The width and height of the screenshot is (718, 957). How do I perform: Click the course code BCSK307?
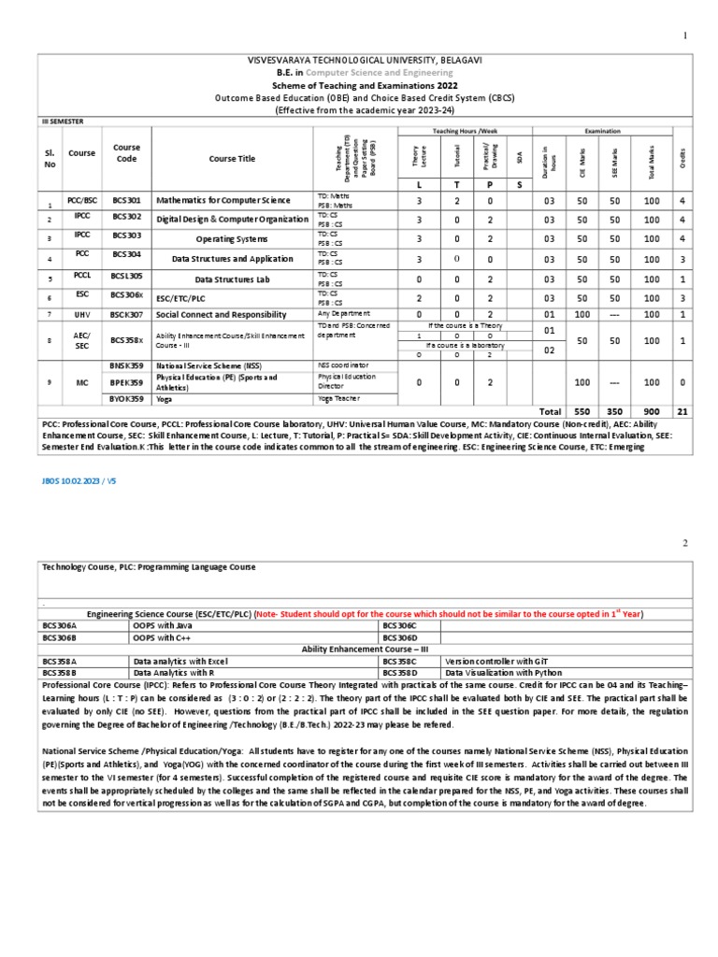[126, 315]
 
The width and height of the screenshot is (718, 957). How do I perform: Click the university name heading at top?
[365, 60]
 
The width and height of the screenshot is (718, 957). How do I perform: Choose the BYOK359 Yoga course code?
[126, 397]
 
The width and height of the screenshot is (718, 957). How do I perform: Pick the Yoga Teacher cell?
[338, 397]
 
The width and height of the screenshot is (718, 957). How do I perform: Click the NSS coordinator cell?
[343, 364]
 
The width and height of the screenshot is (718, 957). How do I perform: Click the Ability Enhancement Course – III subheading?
[365, 649]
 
